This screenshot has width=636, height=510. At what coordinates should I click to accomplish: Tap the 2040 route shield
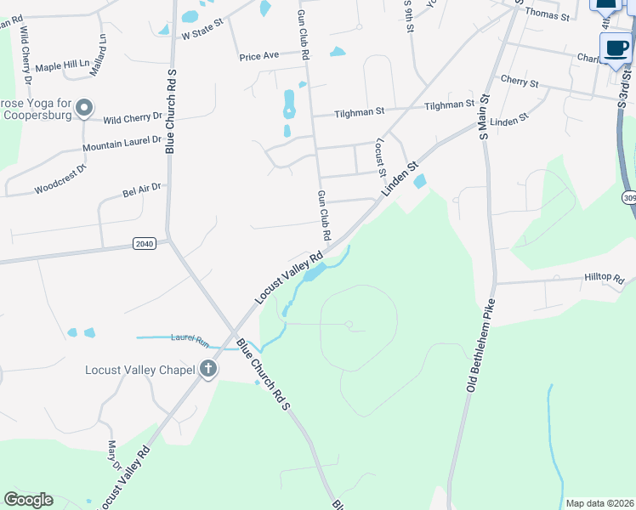pyautogui.click(x=145, y=244)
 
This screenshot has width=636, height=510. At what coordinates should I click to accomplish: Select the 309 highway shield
pyautogui.click(x=628, y=198)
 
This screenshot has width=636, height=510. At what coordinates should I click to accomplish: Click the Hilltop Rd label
pyautogui.click(x=604, y=278)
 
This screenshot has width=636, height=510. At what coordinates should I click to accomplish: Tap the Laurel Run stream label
pyautogui.click(x=190, y=339)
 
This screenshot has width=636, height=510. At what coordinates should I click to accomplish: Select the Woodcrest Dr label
pyautogui.click(x=60, y=178)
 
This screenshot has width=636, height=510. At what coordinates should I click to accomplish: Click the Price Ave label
pyautogui.click(x=259, y=56)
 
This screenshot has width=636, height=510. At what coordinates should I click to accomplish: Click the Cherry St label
pyautogui.click(x=520, y=83)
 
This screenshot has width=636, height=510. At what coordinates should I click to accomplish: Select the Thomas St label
pyautogui.click(x=547, y=14)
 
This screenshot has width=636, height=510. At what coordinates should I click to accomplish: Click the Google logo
pyautogui.click(x=28, y=500)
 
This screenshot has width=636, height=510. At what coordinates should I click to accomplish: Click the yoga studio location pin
pyautogui.click(x=84, y=108)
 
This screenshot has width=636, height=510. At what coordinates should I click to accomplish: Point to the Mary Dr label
pyautogui.click(x=113, y=455)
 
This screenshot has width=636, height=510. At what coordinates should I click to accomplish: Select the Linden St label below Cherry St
pyautogui.click(x=509, y=122)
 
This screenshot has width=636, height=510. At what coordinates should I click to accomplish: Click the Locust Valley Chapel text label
pyautogui.click(x=139, y=370)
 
